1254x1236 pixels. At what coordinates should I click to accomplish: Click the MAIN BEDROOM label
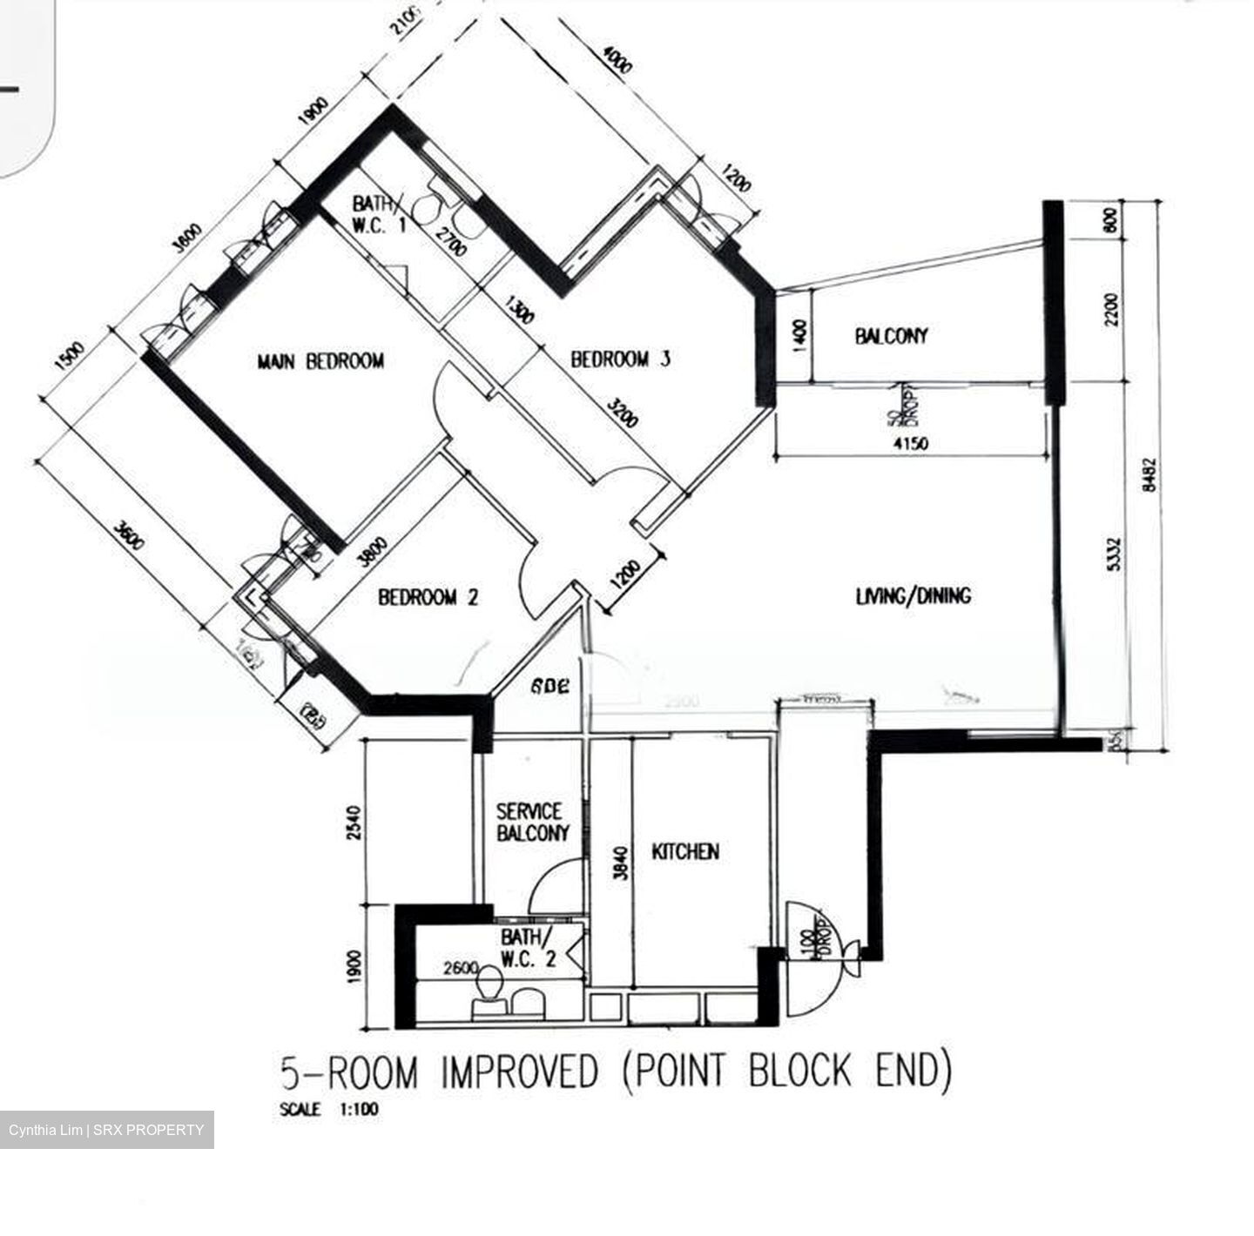click(320, 360)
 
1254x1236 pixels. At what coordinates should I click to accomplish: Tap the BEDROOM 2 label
click(428, 598)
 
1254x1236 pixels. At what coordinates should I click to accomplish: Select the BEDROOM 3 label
click(620, 359)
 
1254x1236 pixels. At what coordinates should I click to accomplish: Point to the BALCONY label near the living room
click(891, 336)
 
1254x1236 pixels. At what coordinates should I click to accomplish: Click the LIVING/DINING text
click(913, 596)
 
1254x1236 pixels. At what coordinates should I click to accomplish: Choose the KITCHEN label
click(685, 851)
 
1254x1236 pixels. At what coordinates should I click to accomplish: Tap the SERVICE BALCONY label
click(532, 823)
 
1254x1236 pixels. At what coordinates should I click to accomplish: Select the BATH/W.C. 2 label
click(526, 949)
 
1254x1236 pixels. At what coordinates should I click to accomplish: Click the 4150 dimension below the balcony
click(911, 444)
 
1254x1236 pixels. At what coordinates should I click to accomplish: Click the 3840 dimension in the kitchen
click(620, 862)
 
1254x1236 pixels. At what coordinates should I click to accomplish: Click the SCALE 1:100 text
click(329, 1110)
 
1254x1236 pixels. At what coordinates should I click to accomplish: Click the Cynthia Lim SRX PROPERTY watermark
click(106, 1130)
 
